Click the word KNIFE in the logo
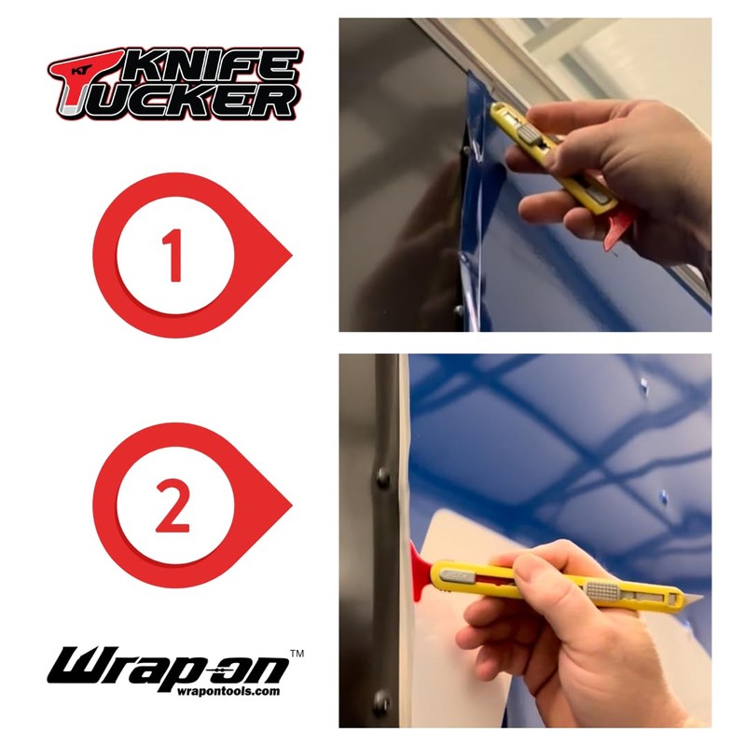[224, 68]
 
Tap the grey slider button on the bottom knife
[601, 590]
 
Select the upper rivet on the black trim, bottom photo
[383, 481]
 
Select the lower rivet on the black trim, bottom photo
[381, 699]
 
